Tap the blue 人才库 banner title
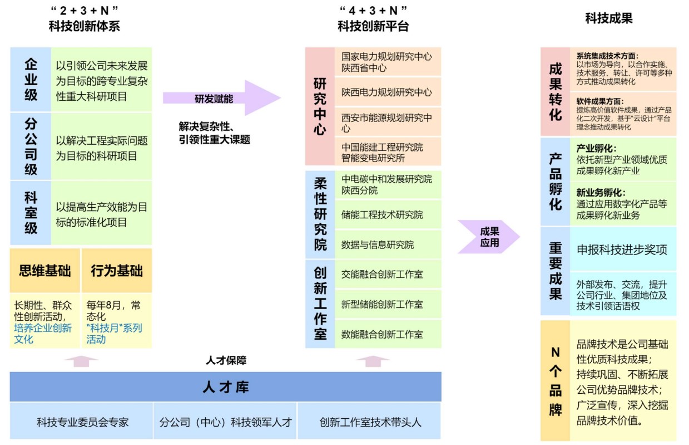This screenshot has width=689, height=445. click(x=225, y=387)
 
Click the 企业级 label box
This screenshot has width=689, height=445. click(x=31, y=80)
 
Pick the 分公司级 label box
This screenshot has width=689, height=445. click(x=31, y=146)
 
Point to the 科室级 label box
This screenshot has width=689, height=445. click(x=31, y=213)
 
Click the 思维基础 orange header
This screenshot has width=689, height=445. click(x=45, y=271)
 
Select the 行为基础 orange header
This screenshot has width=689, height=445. click(x=117, y=271)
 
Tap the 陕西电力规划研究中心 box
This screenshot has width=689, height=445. click(x=387, y=92)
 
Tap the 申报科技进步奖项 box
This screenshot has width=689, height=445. click(x=622, y=250)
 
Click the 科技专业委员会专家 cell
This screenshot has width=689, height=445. click(x=82, y=422)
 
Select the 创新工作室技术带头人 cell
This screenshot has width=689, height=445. click(x=370, y=422)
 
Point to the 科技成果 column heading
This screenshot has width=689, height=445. click(x=608, y=18)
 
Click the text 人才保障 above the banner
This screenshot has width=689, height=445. click(x=226, y=361)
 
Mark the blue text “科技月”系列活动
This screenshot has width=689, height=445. click(x=114, y=333)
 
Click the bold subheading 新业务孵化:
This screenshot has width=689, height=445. click(x=601, y=193)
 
